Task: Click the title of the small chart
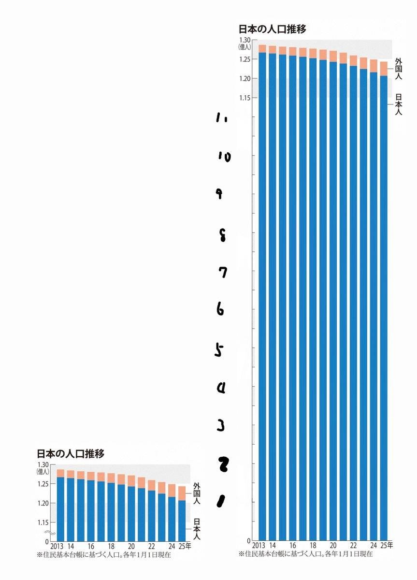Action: (x=71, y=454)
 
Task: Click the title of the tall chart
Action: (x=272, y=29)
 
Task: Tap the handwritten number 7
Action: (x=222, y=273)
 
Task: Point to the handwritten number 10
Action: (x=224, y=156)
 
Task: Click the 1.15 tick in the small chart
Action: (x=43, y=522)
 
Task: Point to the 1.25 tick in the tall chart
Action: (x=244, y=59)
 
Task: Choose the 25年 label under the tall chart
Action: (x=387, y=545)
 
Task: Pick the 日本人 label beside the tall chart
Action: (x=399, y=104)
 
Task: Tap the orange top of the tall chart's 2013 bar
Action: (x=262, y=48)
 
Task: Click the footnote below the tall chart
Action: (x=305, y=554)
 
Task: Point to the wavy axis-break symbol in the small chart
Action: (x=47, y=533)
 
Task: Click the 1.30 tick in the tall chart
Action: (x=244, y=40)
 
